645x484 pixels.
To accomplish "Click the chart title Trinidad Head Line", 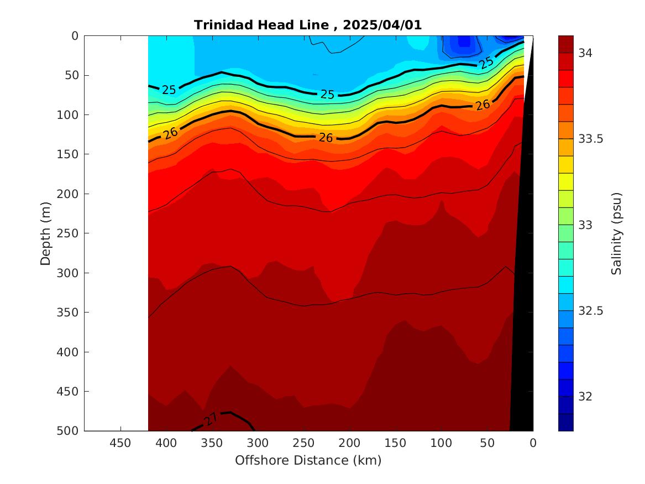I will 264,25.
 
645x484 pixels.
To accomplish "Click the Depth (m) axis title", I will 45,233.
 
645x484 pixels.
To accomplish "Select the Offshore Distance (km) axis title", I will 308,460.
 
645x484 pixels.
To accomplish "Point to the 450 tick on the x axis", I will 120,443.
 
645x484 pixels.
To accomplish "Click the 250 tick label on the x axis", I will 303,443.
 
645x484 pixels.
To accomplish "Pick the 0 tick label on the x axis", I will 533,443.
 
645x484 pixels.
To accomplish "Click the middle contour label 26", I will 326,138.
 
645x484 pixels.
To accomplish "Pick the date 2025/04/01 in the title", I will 382,25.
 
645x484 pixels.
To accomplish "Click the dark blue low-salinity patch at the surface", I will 463,41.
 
